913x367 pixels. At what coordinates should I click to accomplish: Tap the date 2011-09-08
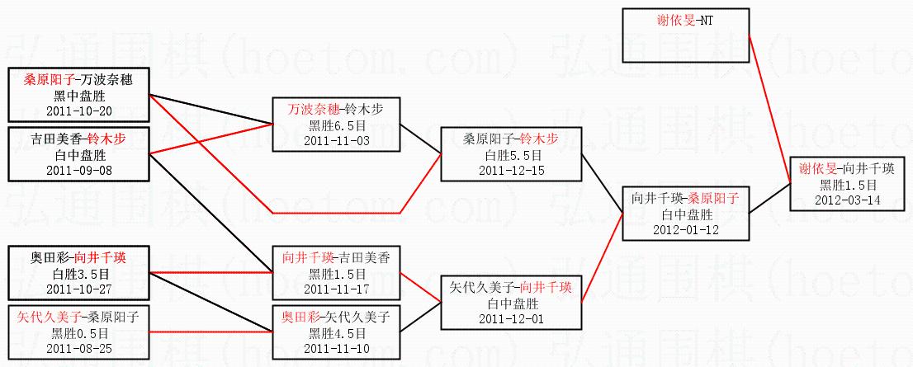tap(79, 170)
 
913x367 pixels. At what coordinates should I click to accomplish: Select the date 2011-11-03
tap(338, 141)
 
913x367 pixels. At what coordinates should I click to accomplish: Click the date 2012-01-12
tap(685, 229)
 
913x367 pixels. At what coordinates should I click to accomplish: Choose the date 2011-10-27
tap(79, 289)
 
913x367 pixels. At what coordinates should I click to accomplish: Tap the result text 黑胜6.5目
tap(338, 125)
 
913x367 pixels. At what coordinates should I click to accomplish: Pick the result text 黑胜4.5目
tap(337, 332)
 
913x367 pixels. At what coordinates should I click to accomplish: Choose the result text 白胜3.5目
tap(79, 274)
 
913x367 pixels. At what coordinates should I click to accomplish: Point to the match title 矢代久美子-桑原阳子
tap(79, 316)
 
